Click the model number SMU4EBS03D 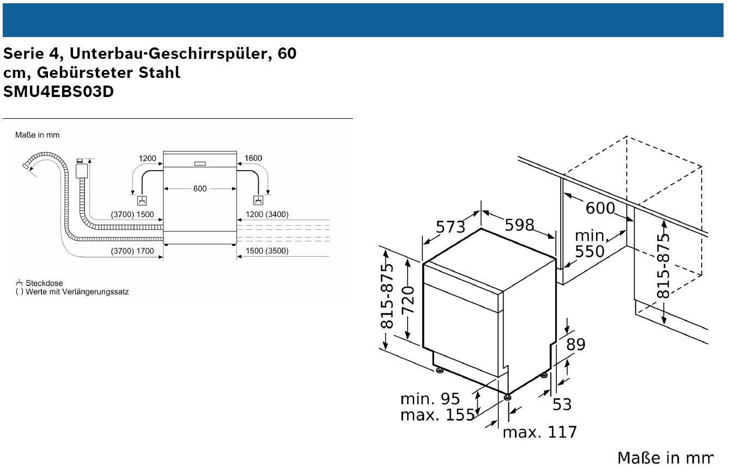tap(59, 92)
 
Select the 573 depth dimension tap(451, 227)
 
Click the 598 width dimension tap(519, 225)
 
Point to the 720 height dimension tap(408, 300)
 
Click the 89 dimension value tap(576, 344)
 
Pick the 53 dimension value tap(562, 404)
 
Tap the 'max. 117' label tap(540, 432)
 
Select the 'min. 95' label tap(430, 399)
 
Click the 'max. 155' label tap(438, 415)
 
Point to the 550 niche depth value tap(590, 251)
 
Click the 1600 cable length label tap(253, 158)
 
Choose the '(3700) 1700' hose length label tap(132, 251)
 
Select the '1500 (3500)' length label tap(267, 251)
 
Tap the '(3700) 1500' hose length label tap(132, 215)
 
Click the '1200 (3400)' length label tap(267, 214)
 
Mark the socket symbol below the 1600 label tap(258, 200)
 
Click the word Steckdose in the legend tap(44, 283)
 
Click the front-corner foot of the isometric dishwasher tap(507, 397)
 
